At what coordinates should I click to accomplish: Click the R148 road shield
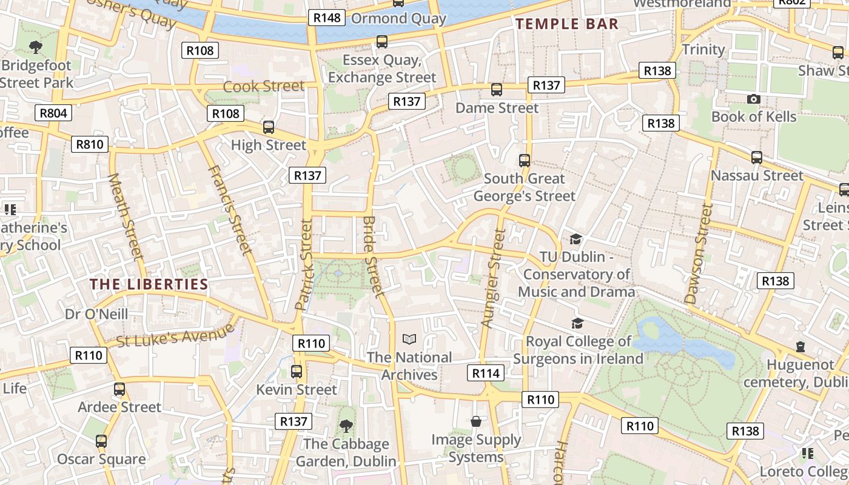(x=327, y=18)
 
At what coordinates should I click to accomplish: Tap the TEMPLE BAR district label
(x=567, y=24)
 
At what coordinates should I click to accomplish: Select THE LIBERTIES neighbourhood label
(x=149, y=284)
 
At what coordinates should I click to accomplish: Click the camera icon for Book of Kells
(x=753, y=99)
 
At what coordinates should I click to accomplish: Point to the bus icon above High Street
(x=269, y=127)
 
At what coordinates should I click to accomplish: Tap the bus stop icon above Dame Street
(x=497, y=90)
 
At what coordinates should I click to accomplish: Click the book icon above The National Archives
(x=410, y=339)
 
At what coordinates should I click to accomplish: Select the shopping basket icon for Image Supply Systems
(x=476, y=421)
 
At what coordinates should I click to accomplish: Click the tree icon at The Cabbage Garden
(x=346, y=426)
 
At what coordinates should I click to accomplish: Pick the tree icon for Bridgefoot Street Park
(x=36, y=47)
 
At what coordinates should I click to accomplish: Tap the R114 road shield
(x=486, y=373)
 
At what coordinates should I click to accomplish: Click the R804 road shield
(x=53, y=113)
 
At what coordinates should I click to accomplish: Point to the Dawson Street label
(x=699, y=253)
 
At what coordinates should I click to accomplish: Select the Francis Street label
(x=229, y=210)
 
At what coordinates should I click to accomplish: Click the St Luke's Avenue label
(x=175, y=335)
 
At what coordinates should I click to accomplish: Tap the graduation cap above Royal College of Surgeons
(x=577, y=323)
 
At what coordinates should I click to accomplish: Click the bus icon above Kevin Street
(x=297, y=372)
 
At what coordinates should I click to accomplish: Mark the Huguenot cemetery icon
(x=800, y=347)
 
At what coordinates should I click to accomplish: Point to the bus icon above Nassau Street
(x=756, y=158)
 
